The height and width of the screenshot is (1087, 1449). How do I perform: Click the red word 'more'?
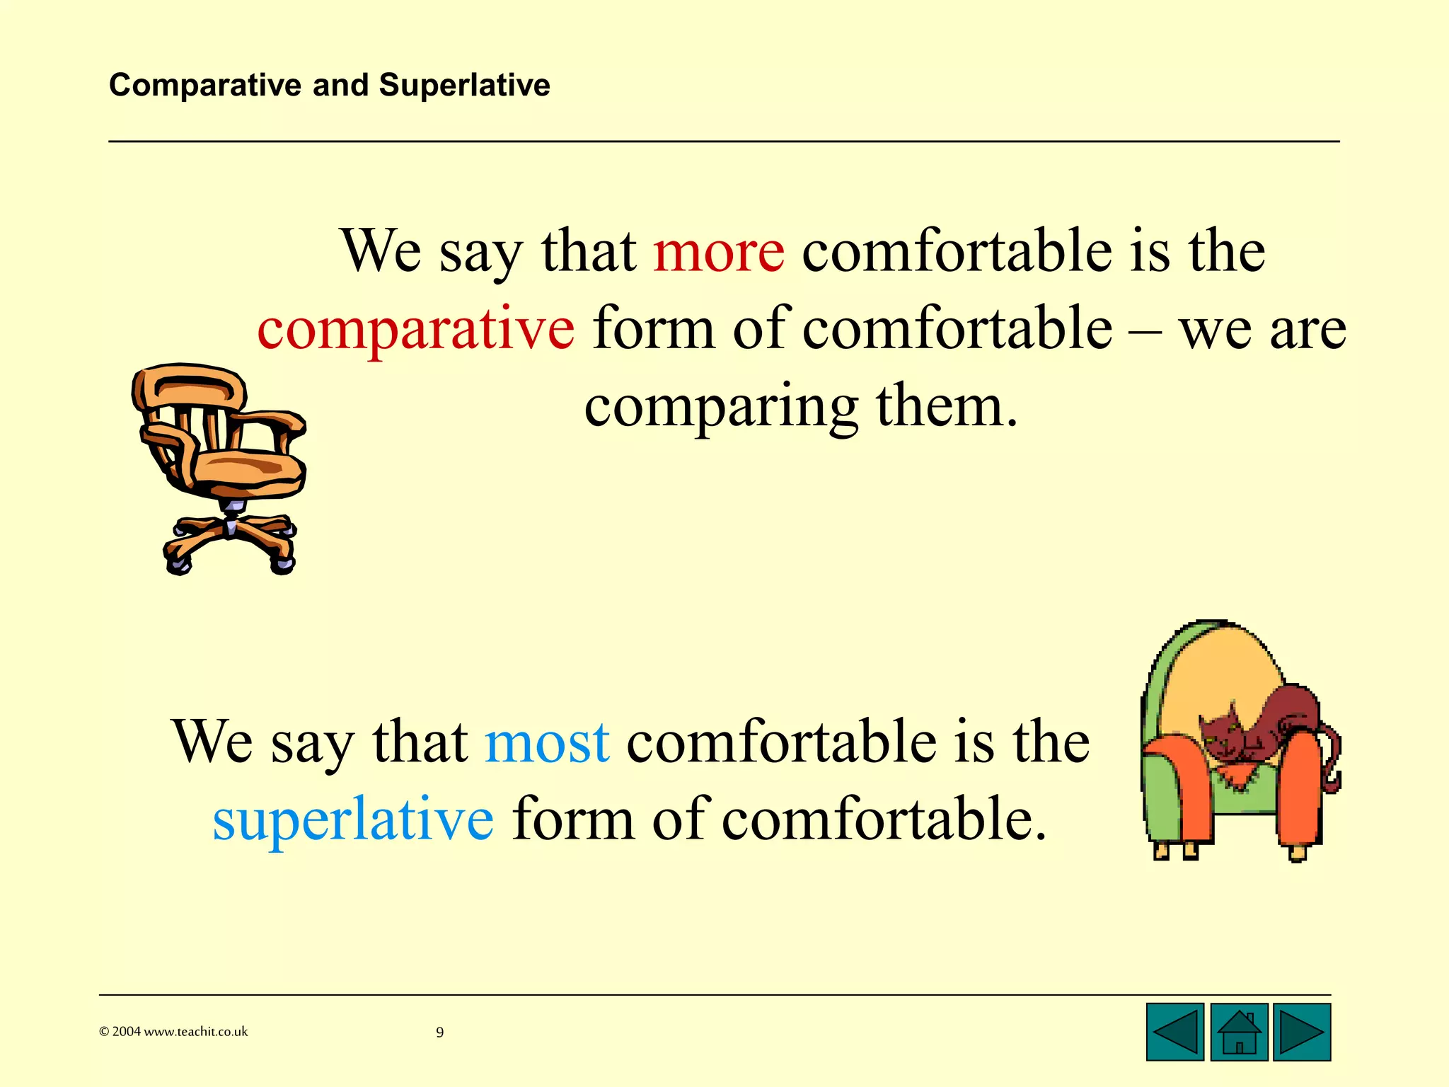coord(718,253)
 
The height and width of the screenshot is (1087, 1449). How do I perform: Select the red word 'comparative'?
coord(415,330)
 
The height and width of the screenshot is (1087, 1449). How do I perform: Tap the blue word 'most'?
coord(547,743)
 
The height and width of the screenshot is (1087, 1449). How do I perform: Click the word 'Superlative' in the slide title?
coord(464,86)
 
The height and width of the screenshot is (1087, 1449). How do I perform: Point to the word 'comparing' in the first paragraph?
coord(721,408)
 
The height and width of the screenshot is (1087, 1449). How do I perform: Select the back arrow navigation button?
coord(1174,1032)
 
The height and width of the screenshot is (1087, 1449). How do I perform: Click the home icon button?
coord(1238,1032)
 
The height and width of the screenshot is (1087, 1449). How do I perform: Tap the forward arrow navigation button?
coord(1301,1032)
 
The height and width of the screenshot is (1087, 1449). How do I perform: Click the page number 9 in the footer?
coord(439,1033)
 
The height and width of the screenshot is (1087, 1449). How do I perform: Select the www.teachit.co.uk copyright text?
coord(173,1032)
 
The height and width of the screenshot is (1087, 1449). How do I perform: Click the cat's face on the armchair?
coord(1220,732)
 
